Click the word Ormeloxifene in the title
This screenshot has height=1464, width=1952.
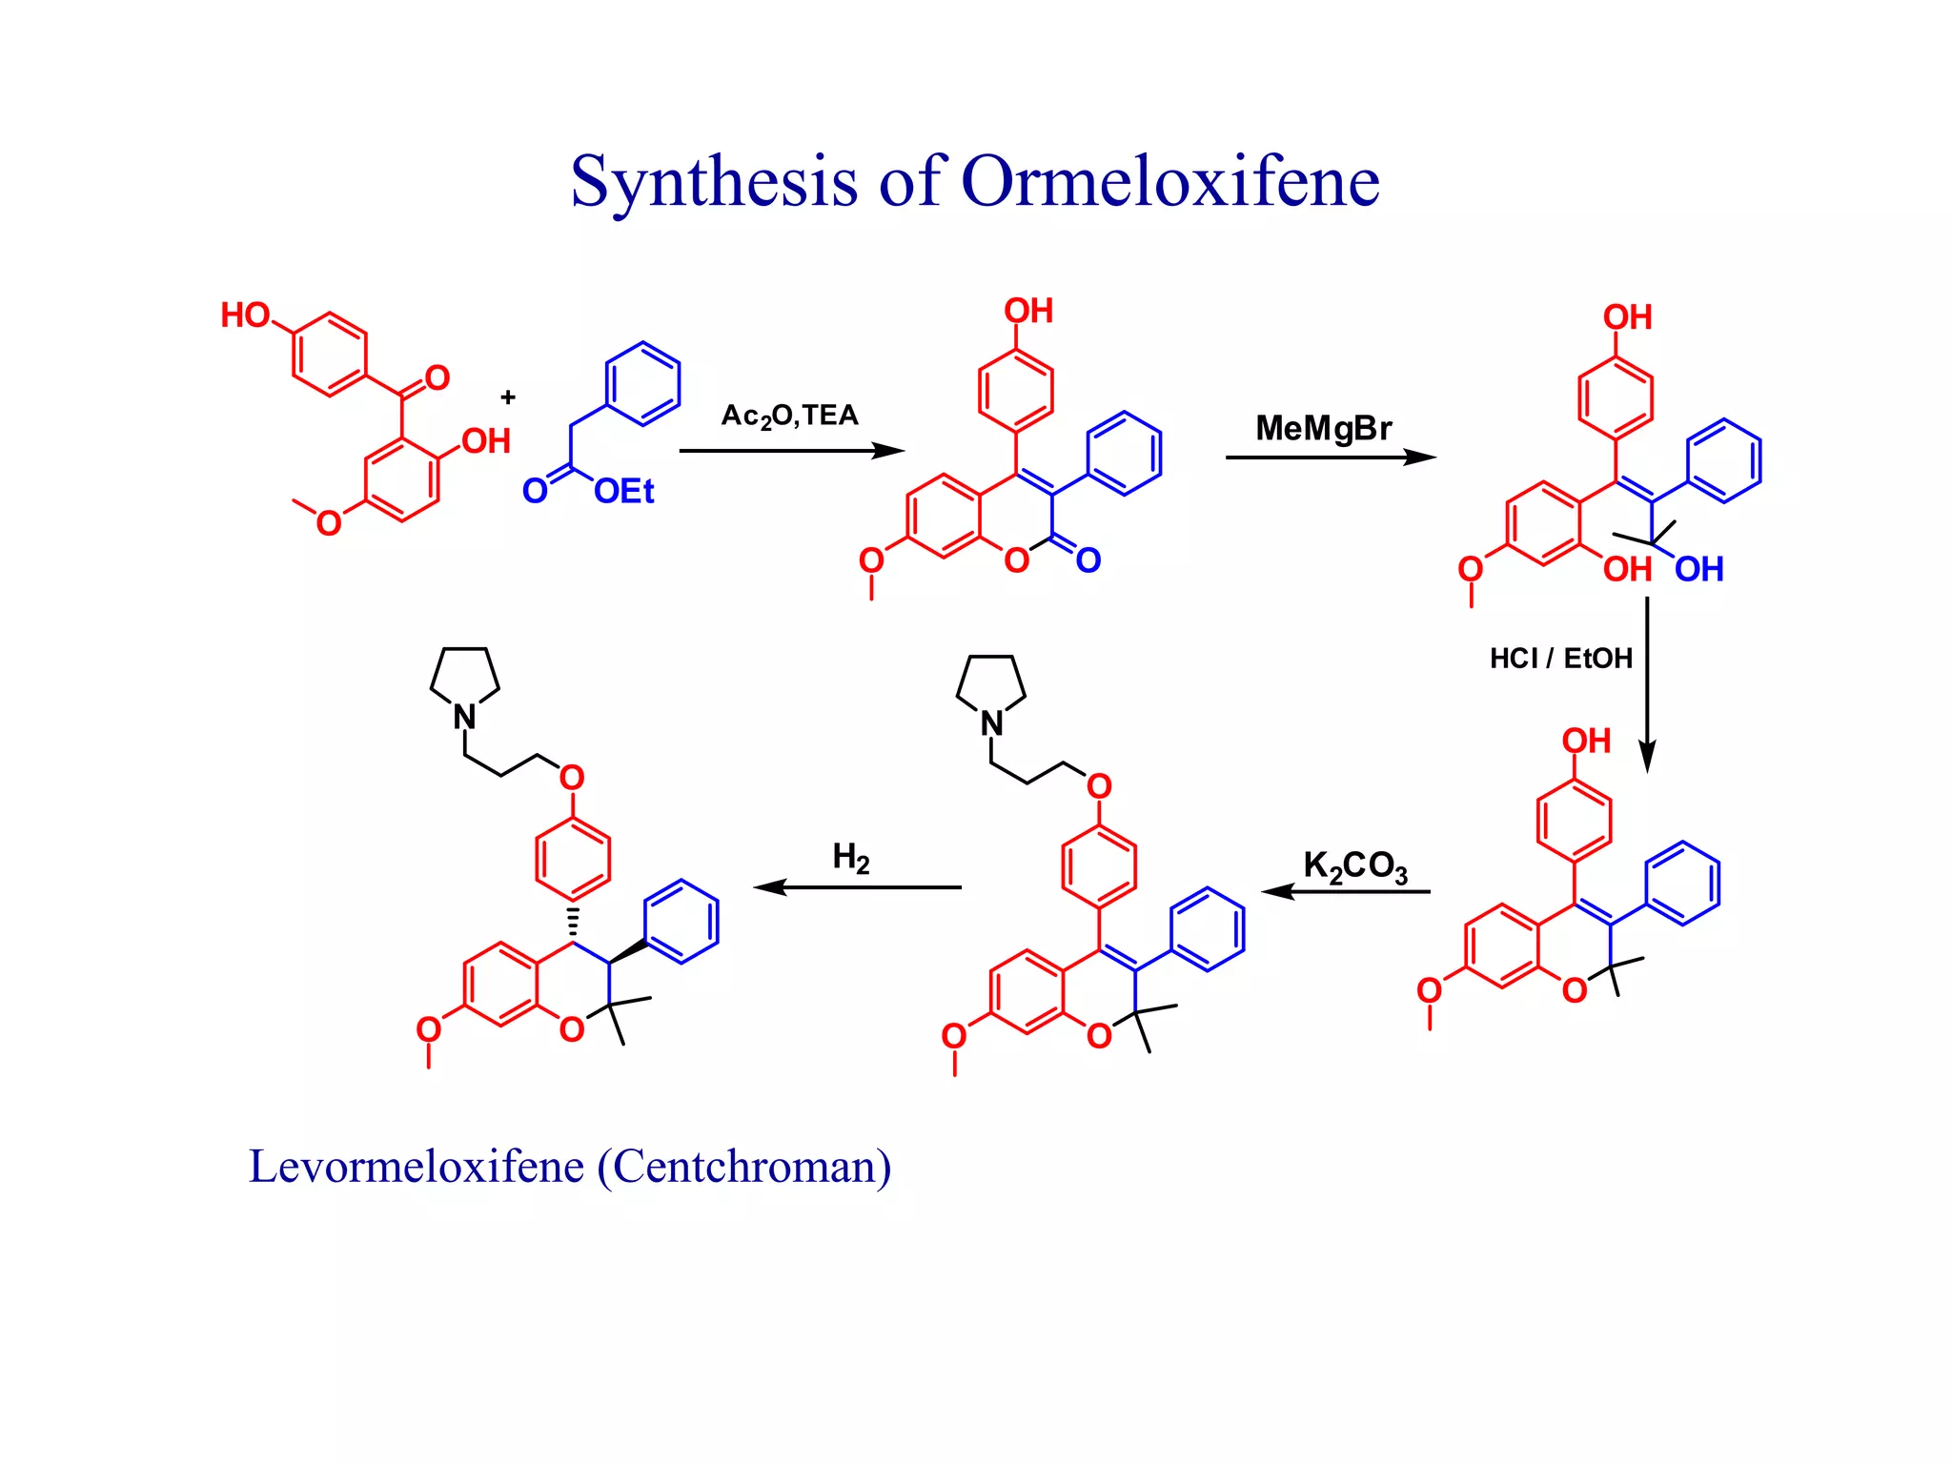coord(1169,181)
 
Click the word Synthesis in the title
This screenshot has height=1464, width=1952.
coord(713,181)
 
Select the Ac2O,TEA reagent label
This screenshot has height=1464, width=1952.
coord(789,417)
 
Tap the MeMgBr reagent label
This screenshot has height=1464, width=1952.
coord(1323,428)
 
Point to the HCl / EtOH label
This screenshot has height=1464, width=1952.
coord(1560,659)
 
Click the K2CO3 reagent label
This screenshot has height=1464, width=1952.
coord(1354,867)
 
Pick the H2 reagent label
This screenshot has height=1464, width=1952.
coord(850,858)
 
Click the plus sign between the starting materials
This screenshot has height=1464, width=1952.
coord(508,397)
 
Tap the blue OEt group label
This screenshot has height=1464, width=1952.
coord(623,492)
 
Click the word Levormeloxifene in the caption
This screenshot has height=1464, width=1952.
coord(416,1167)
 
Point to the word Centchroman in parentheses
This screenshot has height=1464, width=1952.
coord(744,1167)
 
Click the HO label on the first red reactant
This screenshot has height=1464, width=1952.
coord(245,315)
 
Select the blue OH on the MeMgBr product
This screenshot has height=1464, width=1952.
coord(1698,570)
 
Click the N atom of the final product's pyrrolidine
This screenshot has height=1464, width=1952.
coord(464,717)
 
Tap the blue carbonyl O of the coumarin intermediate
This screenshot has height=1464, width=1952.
coord(1088,560)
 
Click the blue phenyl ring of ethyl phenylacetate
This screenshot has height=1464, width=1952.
coord(643,383)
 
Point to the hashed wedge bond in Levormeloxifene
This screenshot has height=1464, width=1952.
coord(573,923)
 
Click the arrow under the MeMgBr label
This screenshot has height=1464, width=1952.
coord(1330,457)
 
